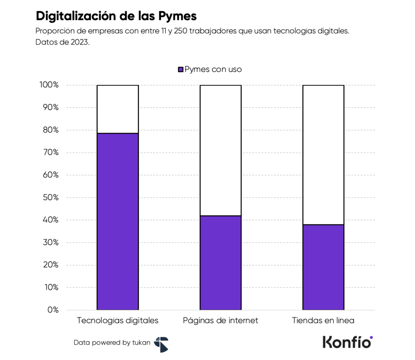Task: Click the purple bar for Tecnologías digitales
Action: (x=118, y=222)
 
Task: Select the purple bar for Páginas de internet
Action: (x=220, y=263)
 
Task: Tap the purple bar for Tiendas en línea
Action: (x=323, y=267)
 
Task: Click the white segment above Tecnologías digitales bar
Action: (x=118, y=109)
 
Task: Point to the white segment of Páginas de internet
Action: (x=220, y=150)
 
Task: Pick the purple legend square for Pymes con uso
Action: (x=181, y=70)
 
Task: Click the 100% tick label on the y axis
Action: (x=49, y=85)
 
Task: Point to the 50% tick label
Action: (x=51, y=198)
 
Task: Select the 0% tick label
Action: (x=53, y=310)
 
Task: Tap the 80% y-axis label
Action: (x=51, y=130)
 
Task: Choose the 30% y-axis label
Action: (x=51, y=243)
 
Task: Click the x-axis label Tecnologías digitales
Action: (x=118, y=321)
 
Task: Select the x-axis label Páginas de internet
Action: (x=220, y=321)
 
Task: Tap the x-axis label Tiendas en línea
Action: (x=323, y=321)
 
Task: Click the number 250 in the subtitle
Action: (x=181, y=32)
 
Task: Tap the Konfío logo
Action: (x=348, y=342)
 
